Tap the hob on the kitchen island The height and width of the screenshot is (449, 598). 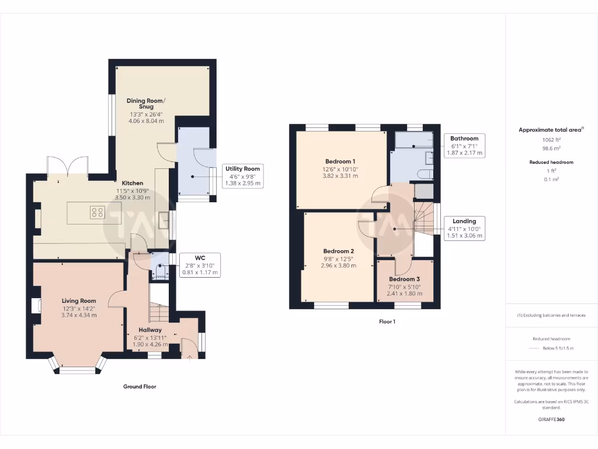pos(98,213)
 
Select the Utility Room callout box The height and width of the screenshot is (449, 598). pos(243,175)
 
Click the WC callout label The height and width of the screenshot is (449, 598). pos(200,264)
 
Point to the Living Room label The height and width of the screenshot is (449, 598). pos(79,301)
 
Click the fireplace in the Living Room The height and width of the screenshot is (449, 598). pos(36,305)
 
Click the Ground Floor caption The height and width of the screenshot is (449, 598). pos(140,386)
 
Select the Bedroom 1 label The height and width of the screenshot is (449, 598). pos(340,161)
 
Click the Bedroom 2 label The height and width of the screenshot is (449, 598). pos(339,251)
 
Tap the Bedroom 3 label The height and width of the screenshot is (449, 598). pos(405,279)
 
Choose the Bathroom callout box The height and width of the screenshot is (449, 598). pos(464,146)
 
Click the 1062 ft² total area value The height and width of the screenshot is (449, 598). pos(551,140)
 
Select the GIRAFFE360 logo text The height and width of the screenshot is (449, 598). pos(551,419)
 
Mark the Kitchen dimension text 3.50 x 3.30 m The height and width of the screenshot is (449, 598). pos(131,198)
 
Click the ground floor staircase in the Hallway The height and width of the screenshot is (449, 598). pos(158,313)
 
